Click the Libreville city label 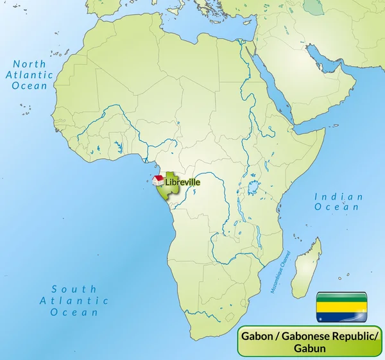(x=183, y=182)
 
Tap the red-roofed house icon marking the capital (x=157, y=180)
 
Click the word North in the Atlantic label (x=30, y=64)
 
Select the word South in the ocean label (x=74, y=289)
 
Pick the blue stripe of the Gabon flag (x=341, y=315)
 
